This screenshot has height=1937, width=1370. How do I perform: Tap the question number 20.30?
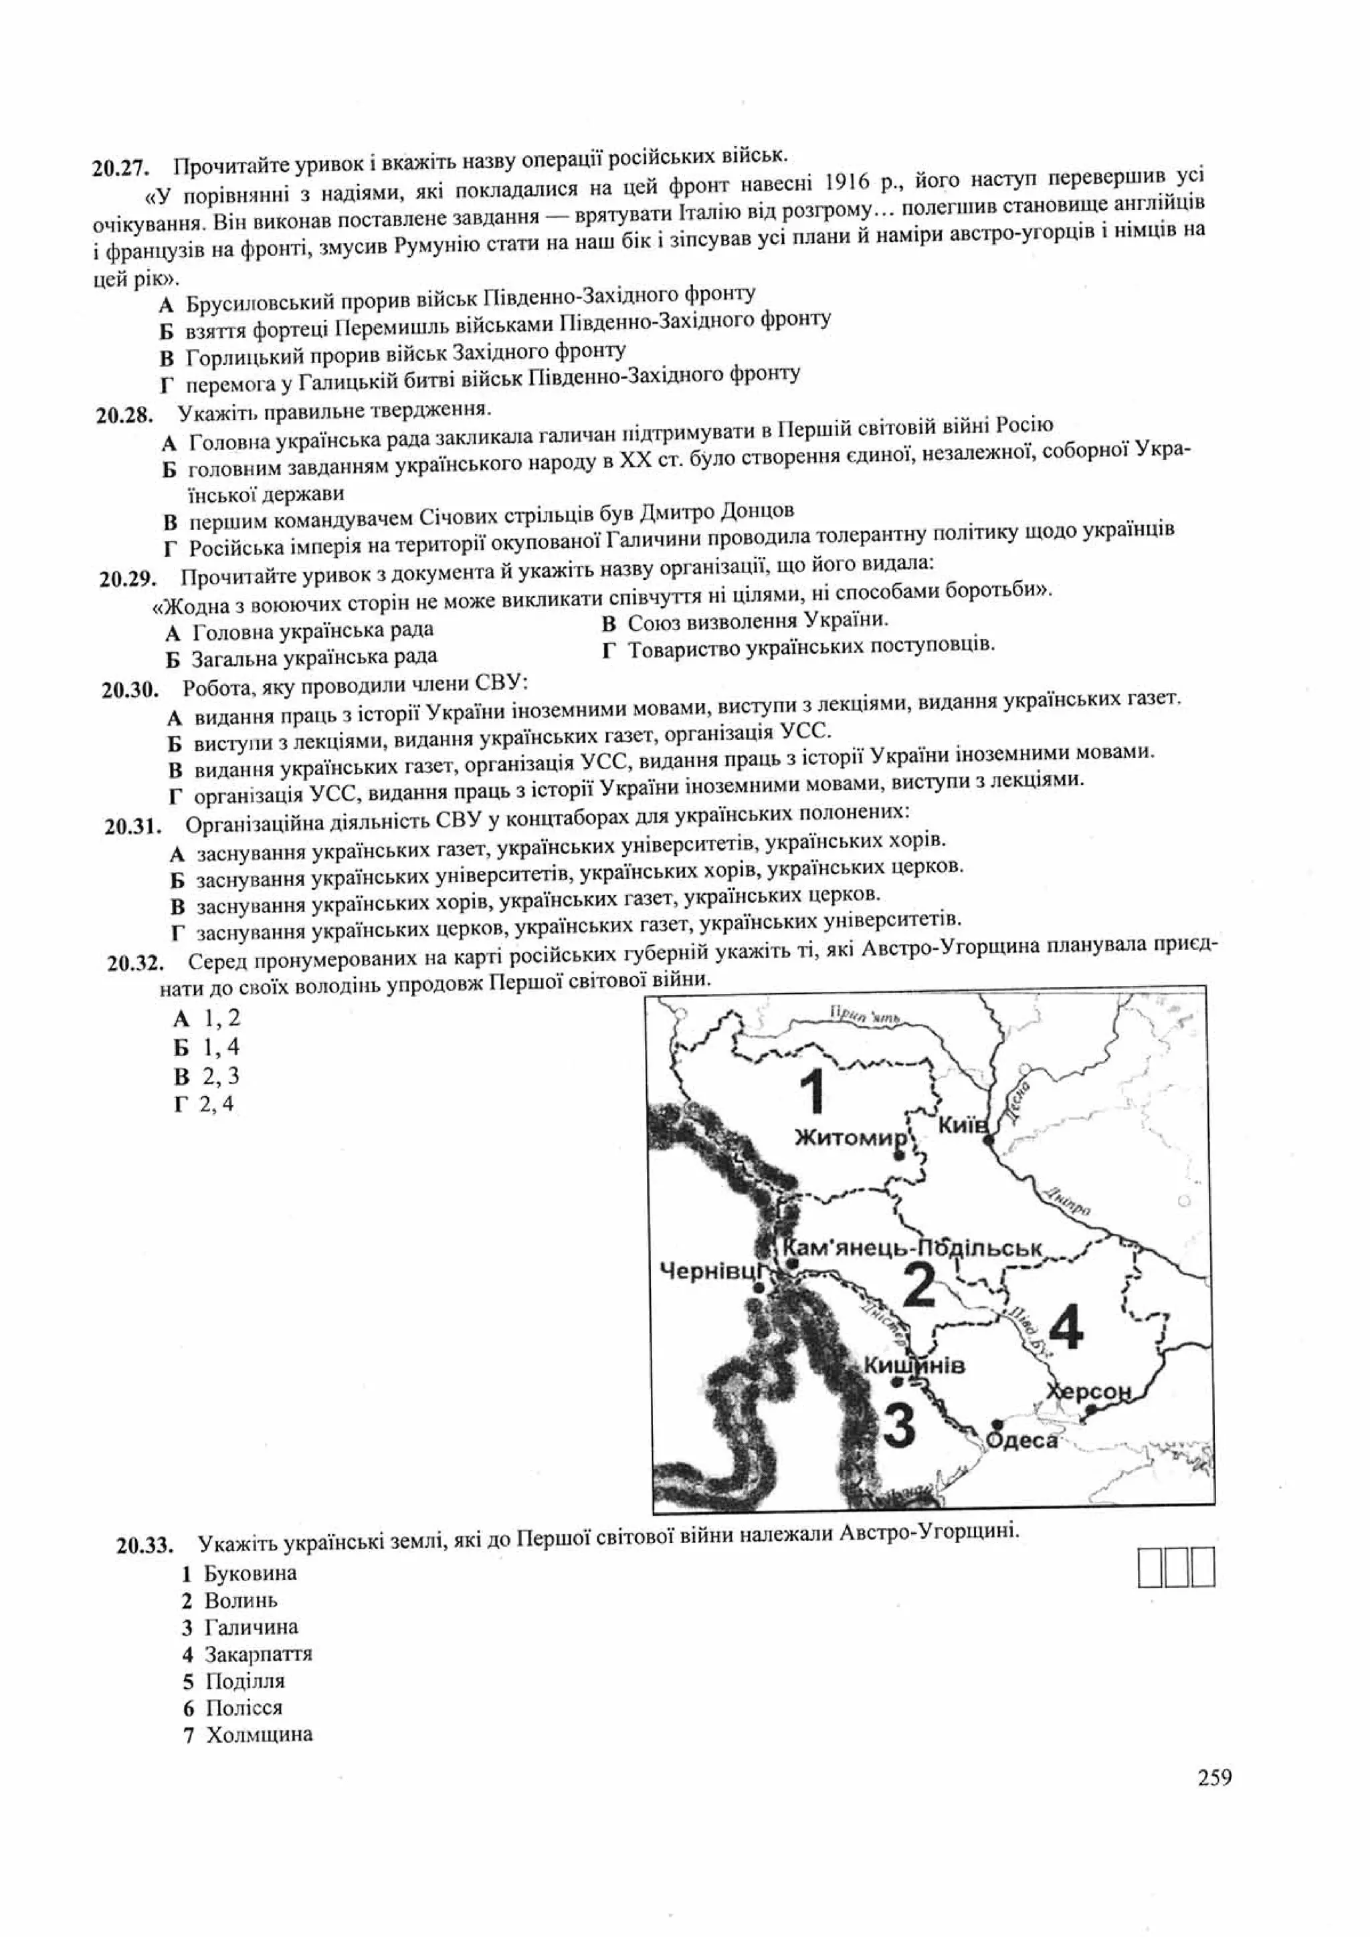[130, 690]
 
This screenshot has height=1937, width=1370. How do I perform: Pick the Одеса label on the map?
[1021, 1440]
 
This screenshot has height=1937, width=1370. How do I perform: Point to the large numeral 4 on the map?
[1067, 1326]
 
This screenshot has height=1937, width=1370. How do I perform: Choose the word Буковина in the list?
[251, 1573]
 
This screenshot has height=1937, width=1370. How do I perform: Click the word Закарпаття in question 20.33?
[258, 1653]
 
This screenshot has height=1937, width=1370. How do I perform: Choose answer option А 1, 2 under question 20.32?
[207, 1019]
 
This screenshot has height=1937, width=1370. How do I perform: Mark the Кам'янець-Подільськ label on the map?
[912, 1247]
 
